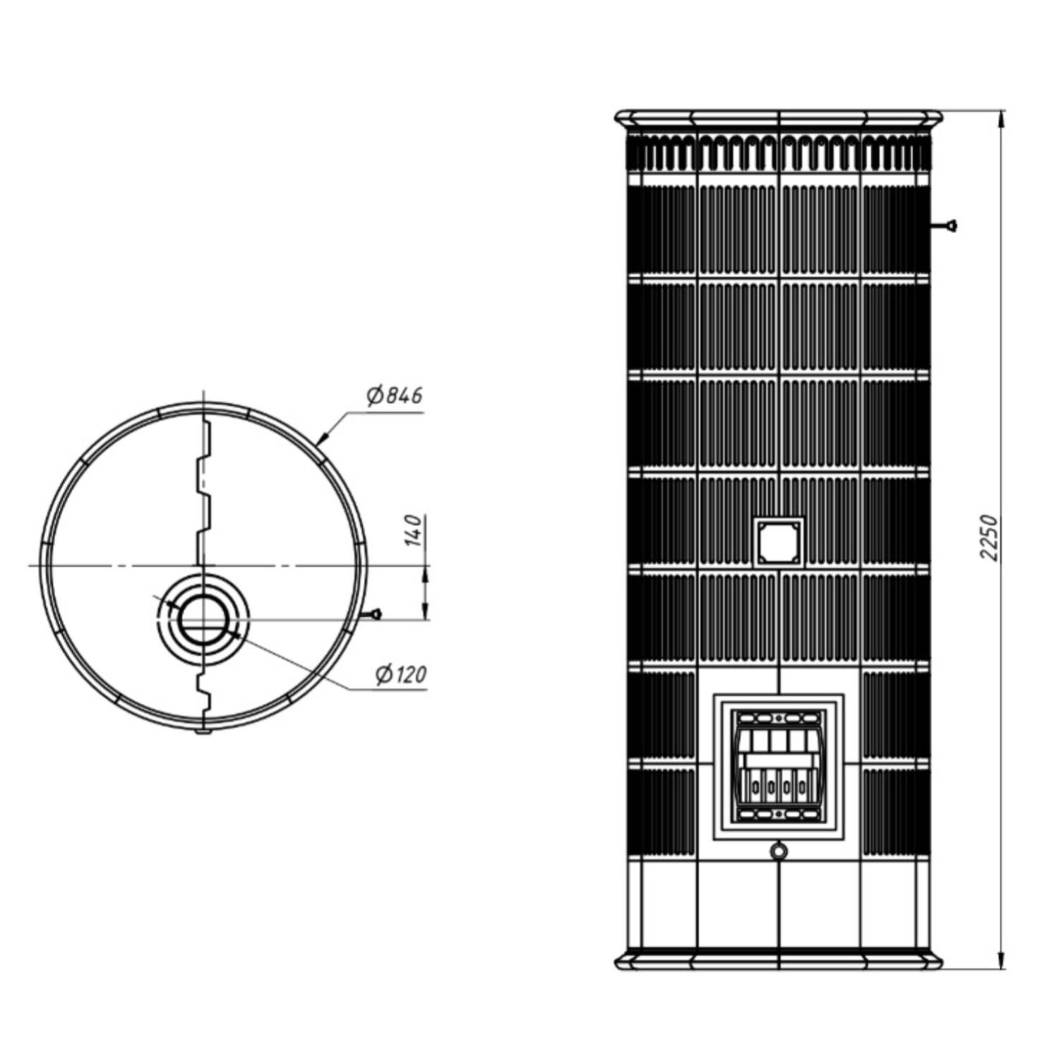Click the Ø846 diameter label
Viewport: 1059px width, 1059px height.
(x=395, y=396)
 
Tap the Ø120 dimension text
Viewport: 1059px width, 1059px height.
(x=401, y=675)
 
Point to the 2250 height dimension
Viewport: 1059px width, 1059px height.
(x=990, y=538)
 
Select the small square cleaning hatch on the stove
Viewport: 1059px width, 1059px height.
(x=779, y=542)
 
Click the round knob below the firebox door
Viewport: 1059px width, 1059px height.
(x=778, y=851)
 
